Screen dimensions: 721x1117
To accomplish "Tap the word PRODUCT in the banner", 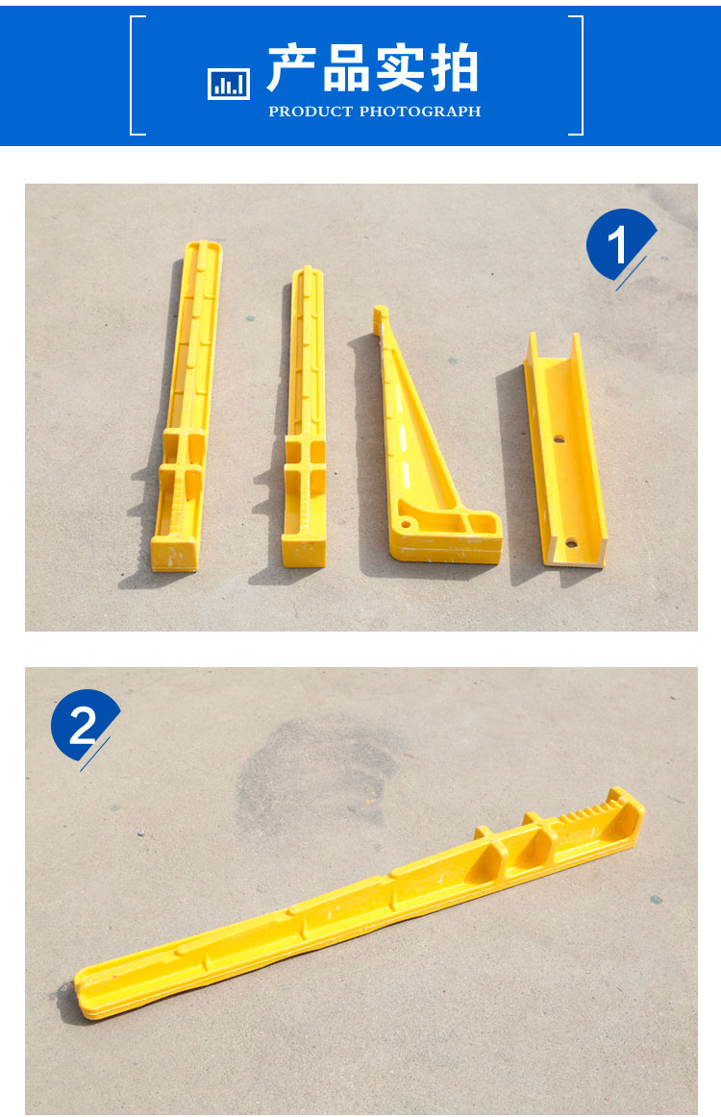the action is click(x=311, y=112).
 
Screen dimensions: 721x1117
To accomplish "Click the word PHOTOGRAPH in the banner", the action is click(x=420, y=112).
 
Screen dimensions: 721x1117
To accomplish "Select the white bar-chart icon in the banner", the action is click(x=229, y=84).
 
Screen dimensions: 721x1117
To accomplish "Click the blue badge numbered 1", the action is click(x=618, y=245).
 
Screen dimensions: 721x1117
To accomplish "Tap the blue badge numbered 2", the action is click(x=83, y=726).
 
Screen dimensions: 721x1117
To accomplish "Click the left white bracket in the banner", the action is click(x=136, y=76).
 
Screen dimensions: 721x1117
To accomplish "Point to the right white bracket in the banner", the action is click(x=578, y=76).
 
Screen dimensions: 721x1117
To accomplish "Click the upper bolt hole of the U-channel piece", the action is click(x=559, y=438).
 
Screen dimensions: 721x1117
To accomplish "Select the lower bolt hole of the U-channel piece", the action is click(x=571, y=544).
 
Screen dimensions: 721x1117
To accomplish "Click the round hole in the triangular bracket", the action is click(x=406, y=524).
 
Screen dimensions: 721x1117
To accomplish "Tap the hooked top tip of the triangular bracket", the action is click(x=381, y=313).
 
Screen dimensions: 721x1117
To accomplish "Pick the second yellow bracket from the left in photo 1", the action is click(x=305, y=417).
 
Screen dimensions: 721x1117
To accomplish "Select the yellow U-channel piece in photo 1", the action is click(x=565, y=450).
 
